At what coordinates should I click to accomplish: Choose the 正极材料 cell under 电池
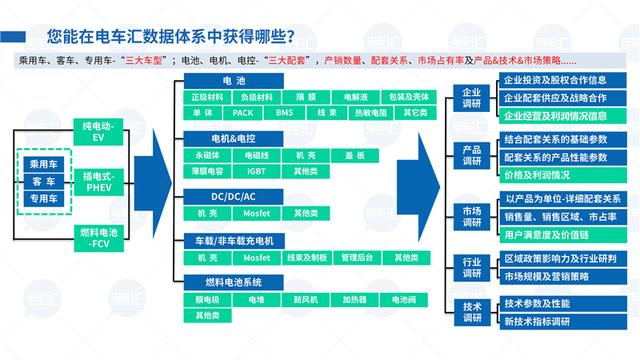point(207,97)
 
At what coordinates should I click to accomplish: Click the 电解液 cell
point(355,97)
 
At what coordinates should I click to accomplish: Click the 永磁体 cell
point(207,155)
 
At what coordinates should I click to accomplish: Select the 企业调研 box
point(472,98)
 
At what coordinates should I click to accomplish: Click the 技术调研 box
point(472,312)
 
